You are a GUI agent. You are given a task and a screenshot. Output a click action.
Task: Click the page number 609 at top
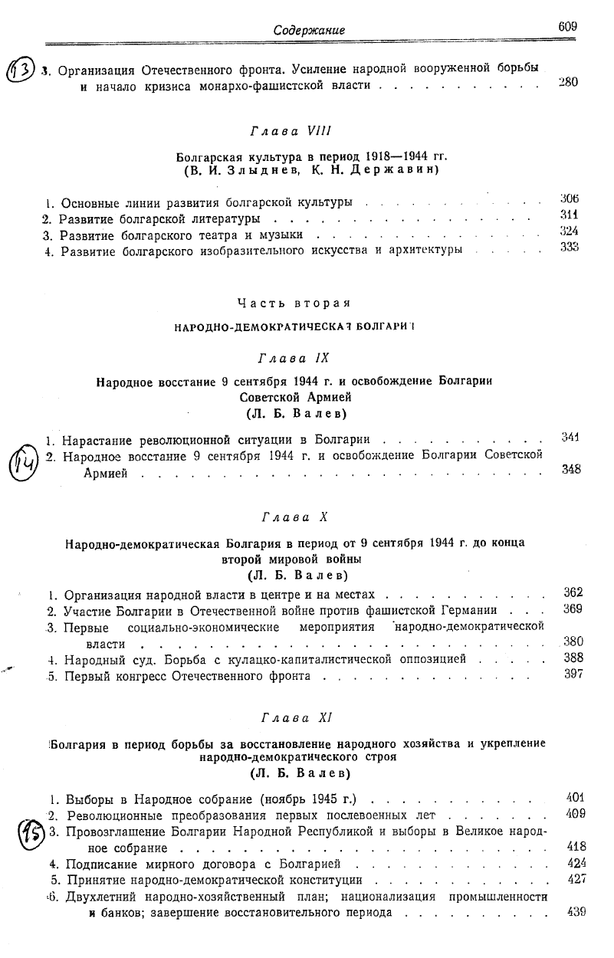567,27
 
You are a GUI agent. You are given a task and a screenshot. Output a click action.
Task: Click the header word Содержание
309,30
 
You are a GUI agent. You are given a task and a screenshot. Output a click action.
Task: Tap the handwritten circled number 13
19,74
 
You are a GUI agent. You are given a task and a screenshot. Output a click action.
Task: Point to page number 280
568,83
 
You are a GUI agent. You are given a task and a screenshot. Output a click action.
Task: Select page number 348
570,470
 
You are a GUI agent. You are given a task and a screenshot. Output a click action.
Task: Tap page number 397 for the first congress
573,674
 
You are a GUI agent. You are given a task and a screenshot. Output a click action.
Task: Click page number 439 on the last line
575,911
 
